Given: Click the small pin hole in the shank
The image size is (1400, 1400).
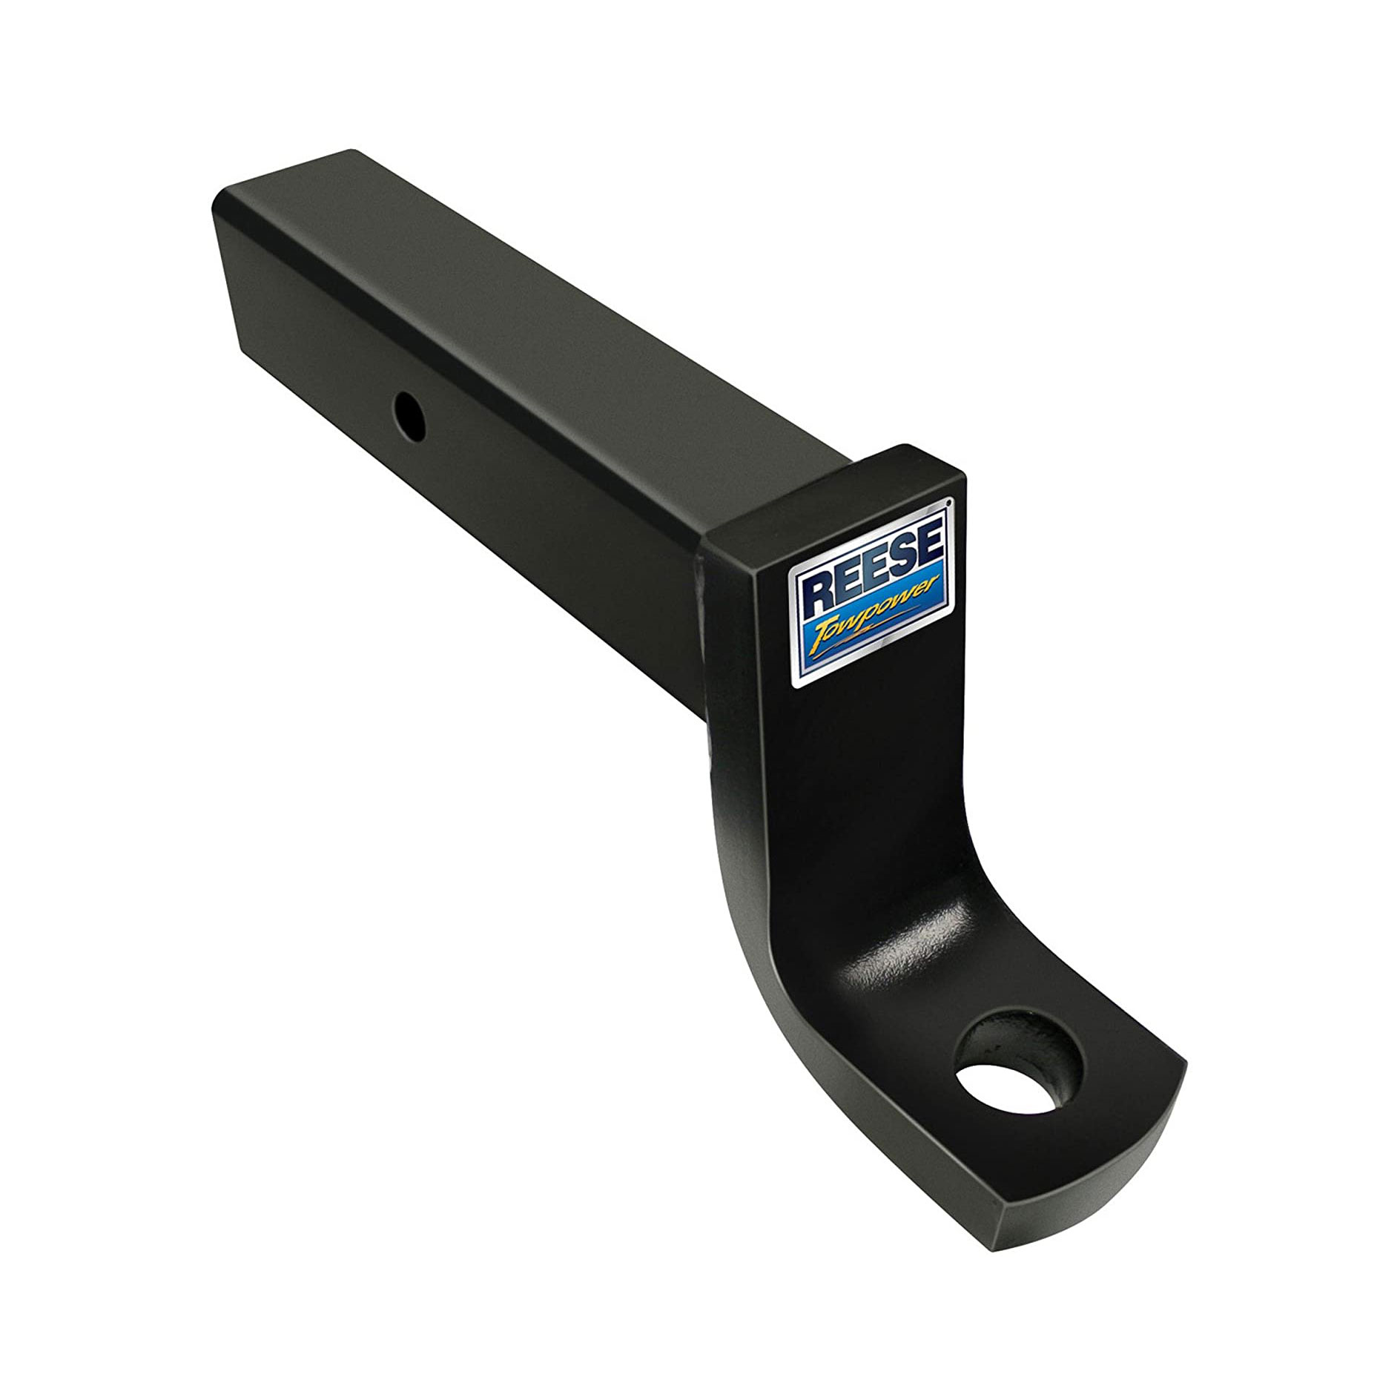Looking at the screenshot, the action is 407,409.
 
